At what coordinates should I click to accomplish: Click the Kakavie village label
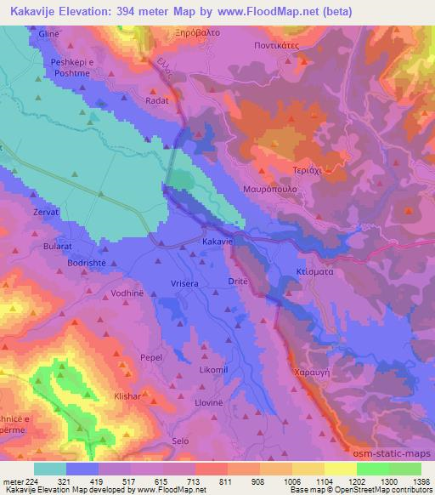click(x=217, y=242)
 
